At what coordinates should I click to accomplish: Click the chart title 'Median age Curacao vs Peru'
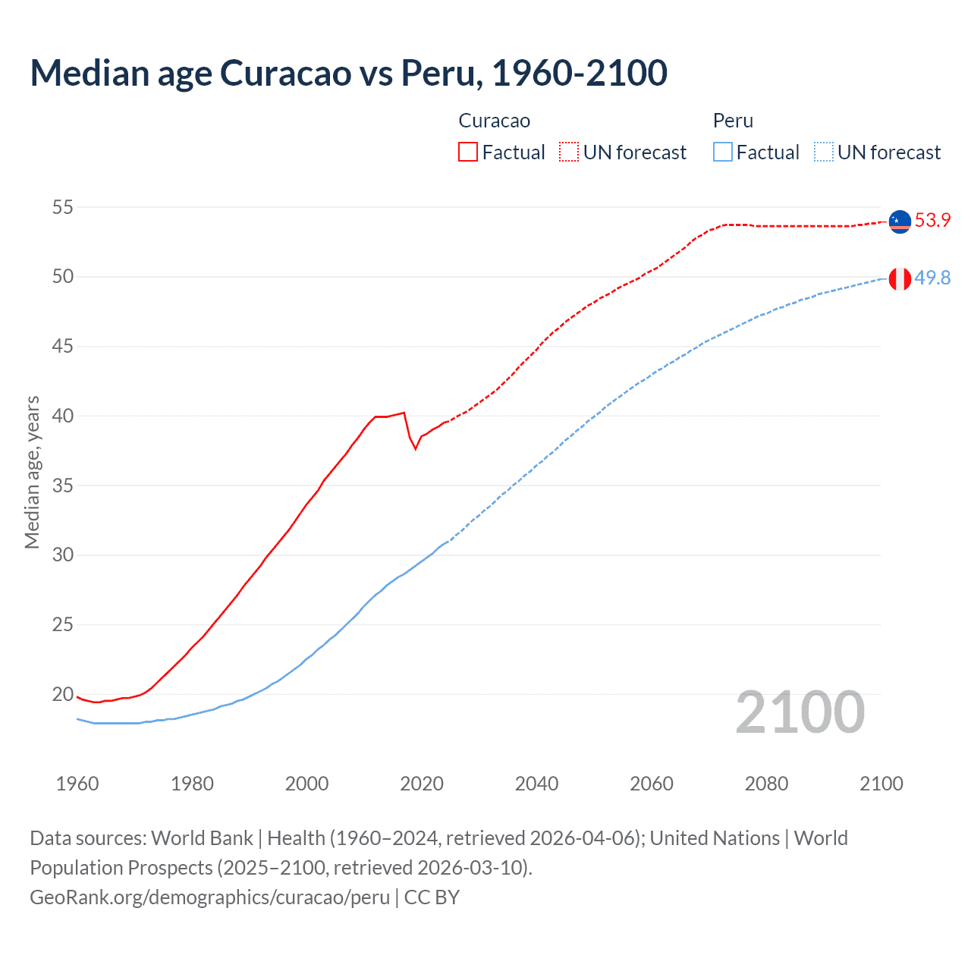pos(348,73)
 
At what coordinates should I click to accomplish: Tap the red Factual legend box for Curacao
pos(468,152)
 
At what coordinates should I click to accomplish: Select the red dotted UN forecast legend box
pos(569,152)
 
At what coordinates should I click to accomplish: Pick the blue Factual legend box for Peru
pos(723,152)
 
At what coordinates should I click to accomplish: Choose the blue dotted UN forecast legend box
pos(824,152)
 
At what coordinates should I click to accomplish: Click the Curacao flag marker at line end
pos(900,222)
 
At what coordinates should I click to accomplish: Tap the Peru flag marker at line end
pos(900,278)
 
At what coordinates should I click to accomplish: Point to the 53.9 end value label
pos(932,221)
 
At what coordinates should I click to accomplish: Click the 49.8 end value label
pos(932,278)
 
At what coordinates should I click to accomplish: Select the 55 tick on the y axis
pos(63,207)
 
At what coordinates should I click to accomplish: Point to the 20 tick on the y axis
pos(63,694)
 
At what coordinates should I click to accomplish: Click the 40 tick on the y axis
pos(63,416)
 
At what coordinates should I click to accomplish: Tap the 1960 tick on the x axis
pos(77,784)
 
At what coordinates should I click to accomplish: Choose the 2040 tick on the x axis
pos(536,784)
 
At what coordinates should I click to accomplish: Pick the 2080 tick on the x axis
pos(766,784)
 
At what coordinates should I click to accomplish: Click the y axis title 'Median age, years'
pos(32,472)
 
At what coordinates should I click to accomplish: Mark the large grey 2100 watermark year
pos(800,712)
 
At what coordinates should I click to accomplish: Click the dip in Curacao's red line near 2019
pos(415,448)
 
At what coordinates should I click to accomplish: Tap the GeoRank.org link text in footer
pos(209,897)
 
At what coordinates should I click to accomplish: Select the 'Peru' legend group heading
pos(733,121)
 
